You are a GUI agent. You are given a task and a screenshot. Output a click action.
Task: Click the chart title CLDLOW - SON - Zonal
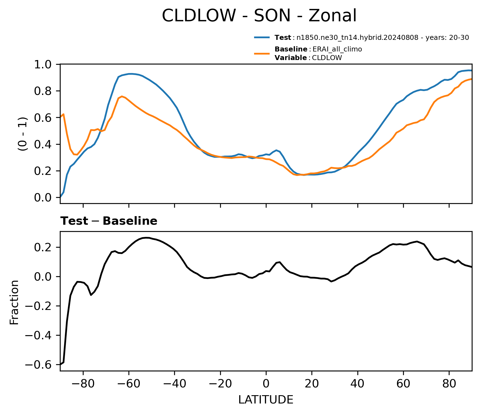click(x=259, y=16)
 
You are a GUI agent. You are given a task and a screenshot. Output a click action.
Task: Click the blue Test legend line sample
click(x=262, y=37)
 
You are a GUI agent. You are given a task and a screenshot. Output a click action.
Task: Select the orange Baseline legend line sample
click(x=262, y=53)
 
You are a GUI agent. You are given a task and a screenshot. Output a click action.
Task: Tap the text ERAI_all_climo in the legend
click(x=337, y=49)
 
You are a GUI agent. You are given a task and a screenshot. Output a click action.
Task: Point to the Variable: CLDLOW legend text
click(x=308, y=58)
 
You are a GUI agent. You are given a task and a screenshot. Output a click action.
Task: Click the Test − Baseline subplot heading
click(x=109, y=221)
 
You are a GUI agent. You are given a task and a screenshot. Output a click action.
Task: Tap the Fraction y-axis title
click(x=14, y=302)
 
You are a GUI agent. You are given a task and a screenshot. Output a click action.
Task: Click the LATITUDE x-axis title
click(x=266, y=400)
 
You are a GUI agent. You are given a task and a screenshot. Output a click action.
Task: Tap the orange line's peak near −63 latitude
click(x=122, y=96)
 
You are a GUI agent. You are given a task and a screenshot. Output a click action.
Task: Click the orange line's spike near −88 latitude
click(x=64, y=114)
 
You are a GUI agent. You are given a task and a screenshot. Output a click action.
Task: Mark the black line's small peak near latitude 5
click(x=280, y=262)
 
